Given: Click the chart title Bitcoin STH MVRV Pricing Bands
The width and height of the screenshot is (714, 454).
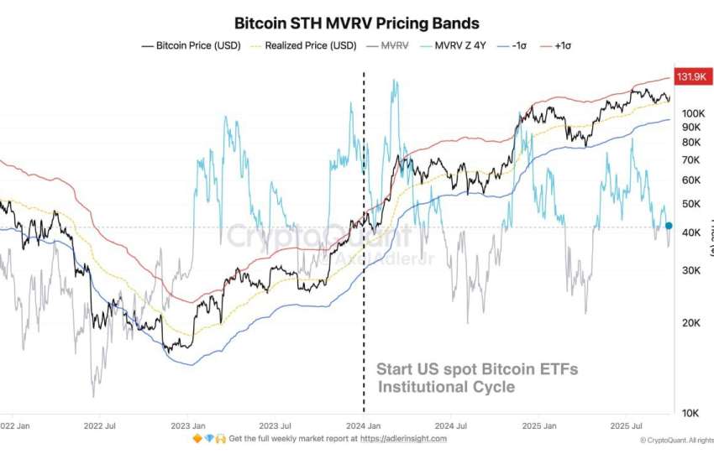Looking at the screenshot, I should click(356, 23).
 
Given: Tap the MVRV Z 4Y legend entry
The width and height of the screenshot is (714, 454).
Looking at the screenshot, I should click(459, 45).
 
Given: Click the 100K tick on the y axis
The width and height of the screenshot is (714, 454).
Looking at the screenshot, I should click(691, 113).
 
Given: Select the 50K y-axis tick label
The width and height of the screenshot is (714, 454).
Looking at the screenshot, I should click(690, 204).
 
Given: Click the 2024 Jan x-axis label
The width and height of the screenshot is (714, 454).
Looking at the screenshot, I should click(363, 425).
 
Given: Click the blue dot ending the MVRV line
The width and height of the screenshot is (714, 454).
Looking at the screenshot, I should click(669, 225).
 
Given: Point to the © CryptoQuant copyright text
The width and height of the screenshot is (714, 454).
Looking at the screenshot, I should click(676, 440).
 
